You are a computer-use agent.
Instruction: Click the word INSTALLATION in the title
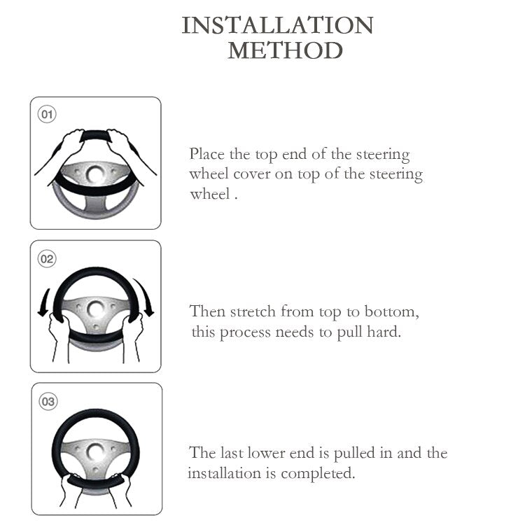(x=277, y=25)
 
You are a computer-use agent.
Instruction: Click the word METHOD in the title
(x=286, y=50)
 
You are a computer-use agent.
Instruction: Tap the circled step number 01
(x=47, y=114)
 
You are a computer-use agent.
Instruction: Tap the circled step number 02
(x=47, y=259)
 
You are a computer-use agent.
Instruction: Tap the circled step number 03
(x=48, y=402)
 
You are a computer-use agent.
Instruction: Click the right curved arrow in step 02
(x=146, y=296)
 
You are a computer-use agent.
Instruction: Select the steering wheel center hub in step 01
(x=95, y=174)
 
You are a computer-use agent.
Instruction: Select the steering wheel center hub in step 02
(x=95, y=309)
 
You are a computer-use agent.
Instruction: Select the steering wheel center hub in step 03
(x=95, y=451)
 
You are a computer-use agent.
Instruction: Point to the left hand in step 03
(x=71, y=489)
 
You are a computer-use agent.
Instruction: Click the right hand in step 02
(x=132, y=338)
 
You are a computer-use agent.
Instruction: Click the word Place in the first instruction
(x=207, y=155)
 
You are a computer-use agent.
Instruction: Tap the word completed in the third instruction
(x=318, y=474)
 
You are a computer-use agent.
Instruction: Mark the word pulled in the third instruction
(x=354, y=454)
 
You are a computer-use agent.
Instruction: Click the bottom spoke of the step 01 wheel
(x=95, y=204)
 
